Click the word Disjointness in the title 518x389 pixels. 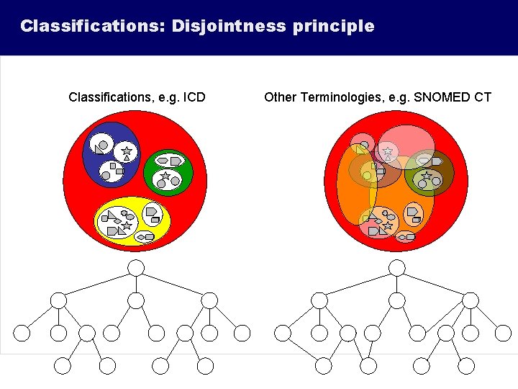[x=227, y=27]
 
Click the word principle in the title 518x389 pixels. [x=334, y=27]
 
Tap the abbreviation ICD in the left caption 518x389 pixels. [x=194, y=97]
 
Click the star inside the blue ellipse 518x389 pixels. [x=126, y=152]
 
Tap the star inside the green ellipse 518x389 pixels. [x=165, y=176]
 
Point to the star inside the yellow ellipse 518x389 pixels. [x=127, y=225]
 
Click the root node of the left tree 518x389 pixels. [x=136, y=268]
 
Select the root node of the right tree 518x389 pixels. [x=397, y=268]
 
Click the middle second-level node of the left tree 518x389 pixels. [x=136, y=300]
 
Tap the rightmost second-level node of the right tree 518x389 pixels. [x=470, y=300]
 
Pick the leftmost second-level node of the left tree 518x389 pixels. [x=59, y=300]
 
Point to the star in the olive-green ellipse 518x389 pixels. [x=427, y=176]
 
